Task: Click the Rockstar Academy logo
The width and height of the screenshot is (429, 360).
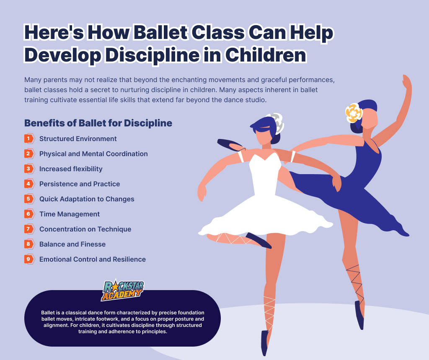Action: [123, 290]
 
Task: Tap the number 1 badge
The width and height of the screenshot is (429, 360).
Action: [29, 139]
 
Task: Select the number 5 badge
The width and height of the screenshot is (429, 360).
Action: [29, 199]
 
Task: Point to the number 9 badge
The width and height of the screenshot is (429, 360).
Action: [29, 259]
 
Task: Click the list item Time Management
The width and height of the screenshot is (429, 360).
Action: [70, 214]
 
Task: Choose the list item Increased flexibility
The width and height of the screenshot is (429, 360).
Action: [71, 169]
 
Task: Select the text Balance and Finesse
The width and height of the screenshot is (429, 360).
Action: [72, 244]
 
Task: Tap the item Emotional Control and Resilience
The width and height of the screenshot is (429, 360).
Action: [93, 259]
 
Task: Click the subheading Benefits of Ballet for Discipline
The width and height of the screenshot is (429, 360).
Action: [98, 123]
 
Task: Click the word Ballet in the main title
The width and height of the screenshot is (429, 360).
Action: [161, 32]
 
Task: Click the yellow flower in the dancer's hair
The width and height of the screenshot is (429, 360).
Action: [354, 113]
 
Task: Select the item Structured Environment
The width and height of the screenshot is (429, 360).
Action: [78, 139]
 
